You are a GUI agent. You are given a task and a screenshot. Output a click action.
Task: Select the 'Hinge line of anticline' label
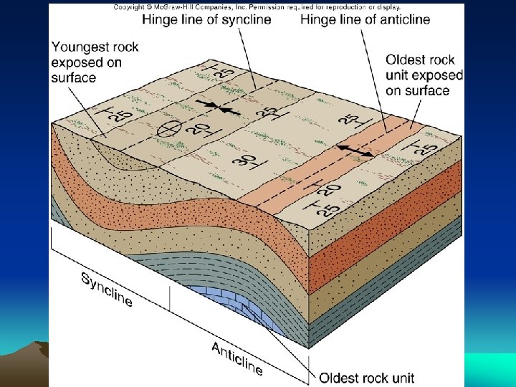click(365, 19)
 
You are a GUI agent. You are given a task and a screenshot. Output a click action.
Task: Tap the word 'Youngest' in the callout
click(81, 47)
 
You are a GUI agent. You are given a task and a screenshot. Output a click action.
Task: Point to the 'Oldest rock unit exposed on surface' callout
click(424, 75)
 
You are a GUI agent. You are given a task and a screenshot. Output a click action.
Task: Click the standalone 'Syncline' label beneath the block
click(107, 289)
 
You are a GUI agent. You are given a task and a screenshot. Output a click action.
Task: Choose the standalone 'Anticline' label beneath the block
click(237, 358)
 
